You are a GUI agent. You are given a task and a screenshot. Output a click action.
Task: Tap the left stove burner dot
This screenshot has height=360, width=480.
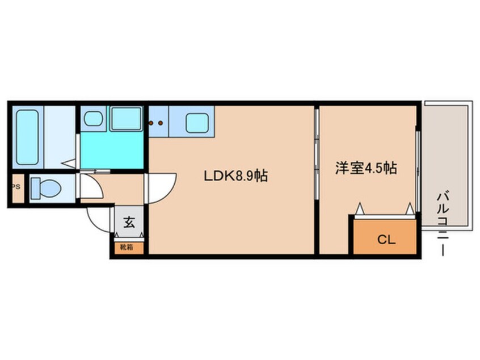point(151,122)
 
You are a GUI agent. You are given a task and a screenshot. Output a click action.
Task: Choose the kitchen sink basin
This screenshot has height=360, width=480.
point(196,122)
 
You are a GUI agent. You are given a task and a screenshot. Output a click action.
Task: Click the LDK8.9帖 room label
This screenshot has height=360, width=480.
point(235,176)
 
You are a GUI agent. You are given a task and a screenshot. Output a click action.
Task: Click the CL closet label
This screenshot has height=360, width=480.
point(386,240)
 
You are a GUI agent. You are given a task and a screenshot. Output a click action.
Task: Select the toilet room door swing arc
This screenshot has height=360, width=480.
point(88,184)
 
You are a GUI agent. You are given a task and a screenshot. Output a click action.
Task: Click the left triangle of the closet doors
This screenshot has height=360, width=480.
point(360,209)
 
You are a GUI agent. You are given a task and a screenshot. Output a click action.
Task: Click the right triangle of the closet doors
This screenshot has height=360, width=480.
point(409,209)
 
